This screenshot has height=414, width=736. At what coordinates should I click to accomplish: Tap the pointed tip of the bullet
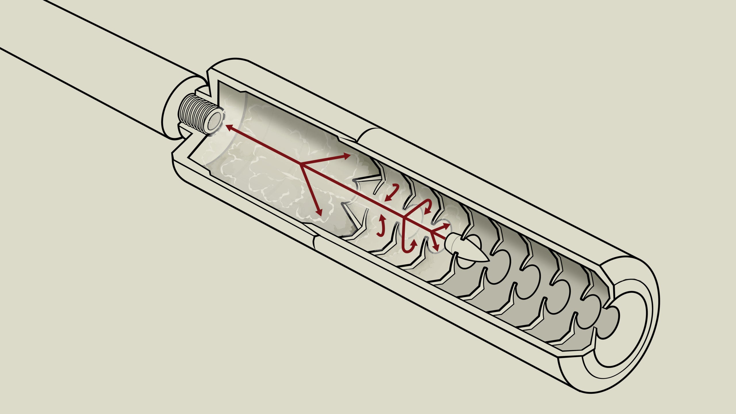pyautogui.click(x=488, y=260)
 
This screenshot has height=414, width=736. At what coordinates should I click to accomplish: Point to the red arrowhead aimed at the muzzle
pyautogui.click(x=229, y=127)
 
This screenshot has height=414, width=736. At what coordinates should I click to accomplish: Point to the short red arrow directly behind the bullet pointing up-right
pyautogui.click(x=444, y=226)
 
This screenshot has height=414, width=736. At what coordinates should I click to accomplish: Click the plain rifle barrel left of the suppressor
pyautogui.click(x=86, y=57)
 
